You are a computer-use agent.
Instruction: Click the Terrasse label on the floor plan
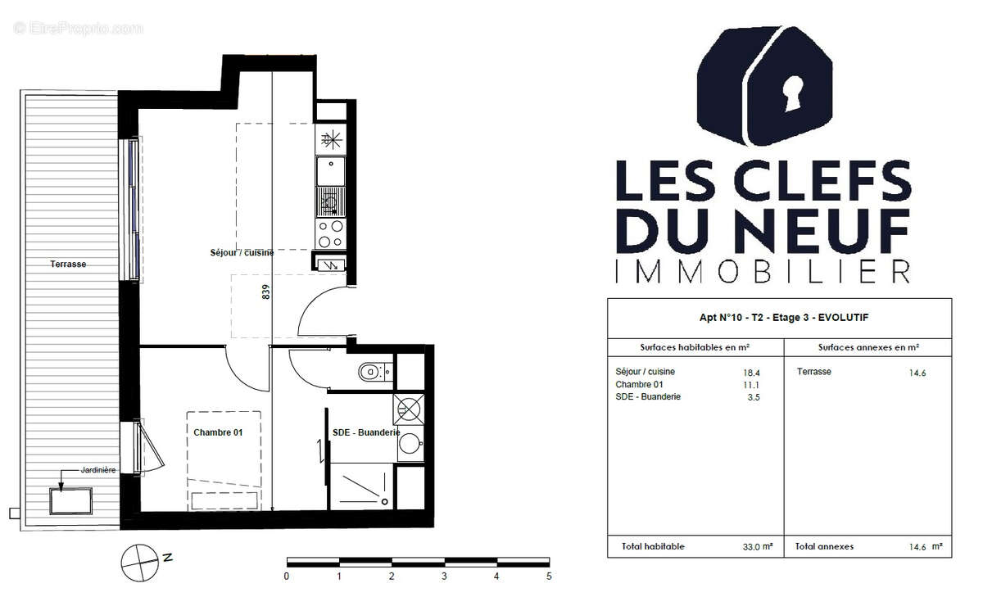68,265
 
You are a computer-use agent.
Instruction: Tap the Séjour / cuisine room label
242,253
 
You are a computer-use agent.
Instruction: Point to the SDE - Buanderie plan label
365,432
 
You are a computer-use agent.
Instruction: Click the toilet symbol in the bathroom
372,373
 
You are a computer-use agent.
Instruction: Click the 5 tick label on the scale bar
549,576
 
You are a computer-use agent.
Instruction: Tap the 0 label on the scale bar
287,576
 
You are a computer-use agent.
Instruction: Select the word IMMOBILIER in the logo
762,271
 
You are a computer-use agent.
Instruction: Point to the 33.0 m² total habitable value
757,546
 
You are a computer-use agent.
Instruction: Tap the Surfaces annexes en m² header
867,347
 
